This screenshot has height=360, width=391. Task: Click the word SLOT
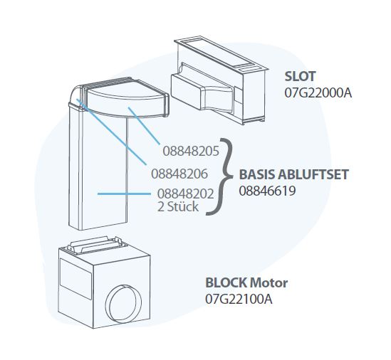click(300, 77)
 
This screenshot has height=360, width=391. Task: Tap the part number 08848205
click(191, 152)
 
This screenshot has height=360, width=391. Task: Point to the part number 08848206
click(179, 172)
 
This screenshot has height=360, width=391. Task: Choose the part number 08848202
click(184, 193)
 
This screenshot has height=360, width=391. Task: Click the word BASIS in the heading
click(259, 175)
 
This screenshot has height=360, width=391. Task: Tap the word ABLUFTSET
click(314, 175)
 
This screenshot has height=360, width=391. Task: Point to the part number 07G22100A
click(239, 298)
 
